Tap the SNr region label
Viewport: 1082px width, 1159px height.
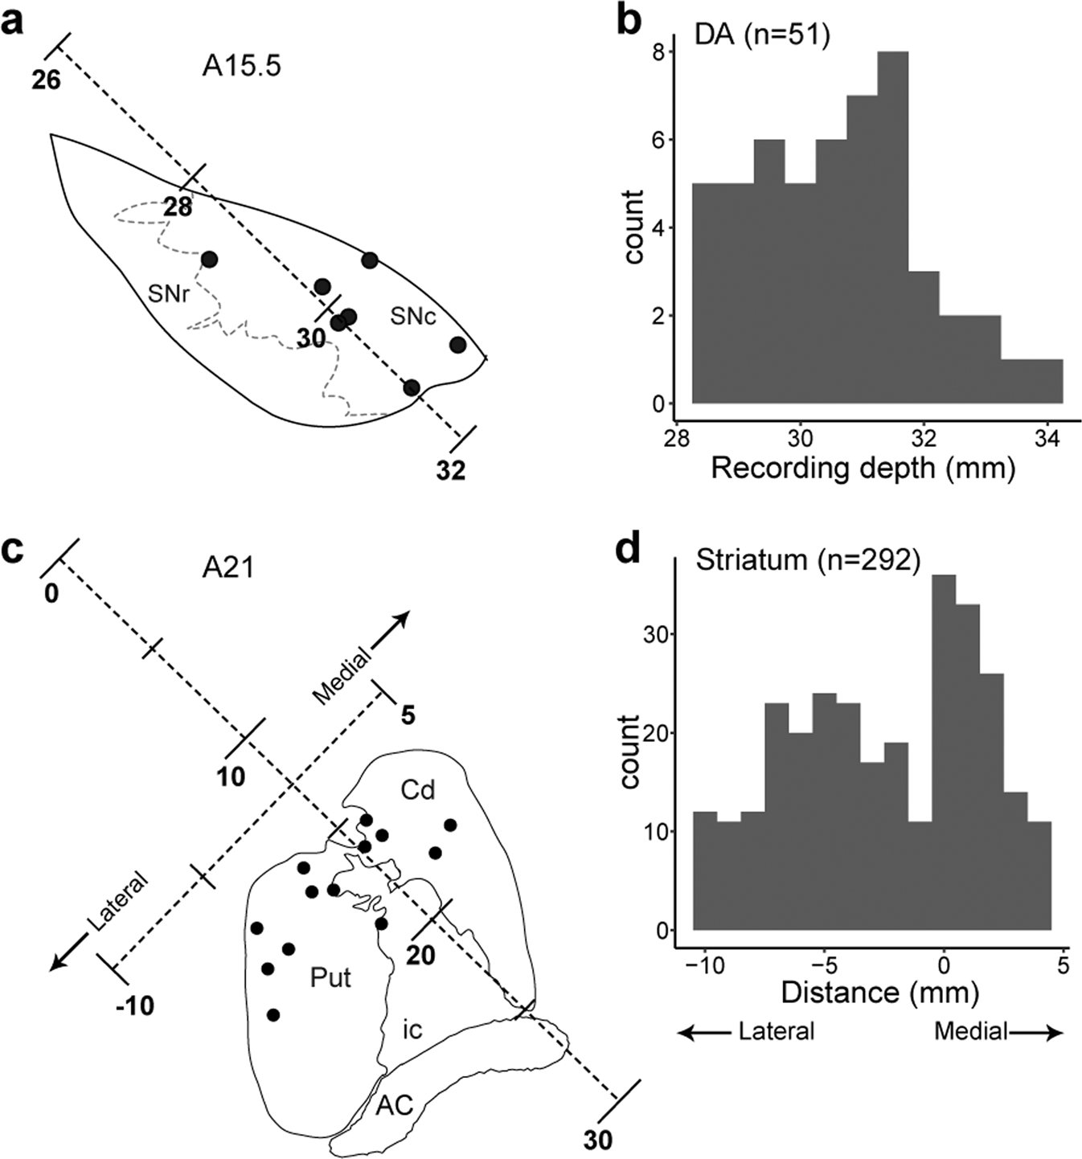coord(169,295)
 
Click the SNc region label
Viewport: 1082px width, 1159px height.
coord(413,317)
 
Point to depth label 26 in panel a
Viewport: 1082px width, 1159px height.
coord(46,80)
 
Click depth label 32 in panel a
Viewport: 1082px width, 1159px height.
coord(451,470)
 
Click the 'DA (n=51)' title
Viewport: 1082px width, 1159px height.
coord(762,35)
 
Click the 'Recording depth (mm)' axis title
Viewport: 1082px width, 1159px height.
coord(863,469)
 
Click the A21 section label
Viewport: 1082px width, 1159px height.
coord(228,568)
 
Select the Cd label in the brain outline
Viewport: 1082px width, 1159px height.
coord(418,790)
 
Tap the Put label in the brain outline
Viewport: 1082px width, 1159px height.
coord(330,978)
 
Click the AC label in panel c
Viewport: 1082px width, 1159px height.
coord(395,1106)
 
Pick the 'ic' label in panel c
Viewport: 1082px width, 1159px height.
coord(412,1030)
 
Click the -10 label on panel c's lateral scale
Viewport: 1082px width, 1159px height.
coord(135,1005)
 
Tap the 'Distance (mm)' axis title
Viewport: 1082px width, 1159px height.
coord(879,993)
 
